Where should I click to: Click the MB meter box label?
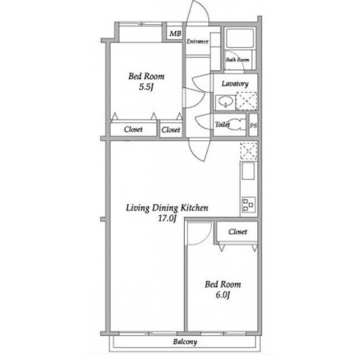pos(175,34)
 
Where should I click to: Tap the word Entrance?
pos(198,42)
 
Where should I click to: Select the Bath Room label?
pos(238,59)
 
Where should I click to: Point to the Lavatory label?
pos(235,84)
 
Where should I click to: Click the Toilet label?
pos(222,124)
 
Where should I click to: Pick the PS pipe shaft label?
pos(254,125)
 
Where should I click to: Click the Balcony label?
pos(185,342)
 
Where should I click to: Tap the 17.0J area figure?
pos(167,218)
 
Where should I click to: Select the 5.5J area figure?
pos(146,87)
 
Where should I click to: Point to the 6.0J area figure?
pos(222,295)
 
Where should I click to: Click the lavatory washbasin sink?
pos(226,102)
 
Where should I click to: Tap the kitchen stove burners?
pos(249,205)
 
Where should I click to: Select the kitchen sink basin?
pos(248,171)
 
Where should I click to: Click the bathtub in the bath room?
pos(240,38)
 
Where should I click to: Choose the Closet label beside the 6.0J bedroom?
pos(238,232)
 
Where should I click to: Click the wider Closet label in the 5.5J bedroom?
pos(133,130)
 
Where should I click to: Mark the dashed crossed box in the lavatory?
pos(246,101)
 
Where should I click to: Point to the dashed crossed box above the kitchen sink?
pos(249,150)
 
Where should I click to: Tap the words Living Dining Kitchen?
pos(167,208)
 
